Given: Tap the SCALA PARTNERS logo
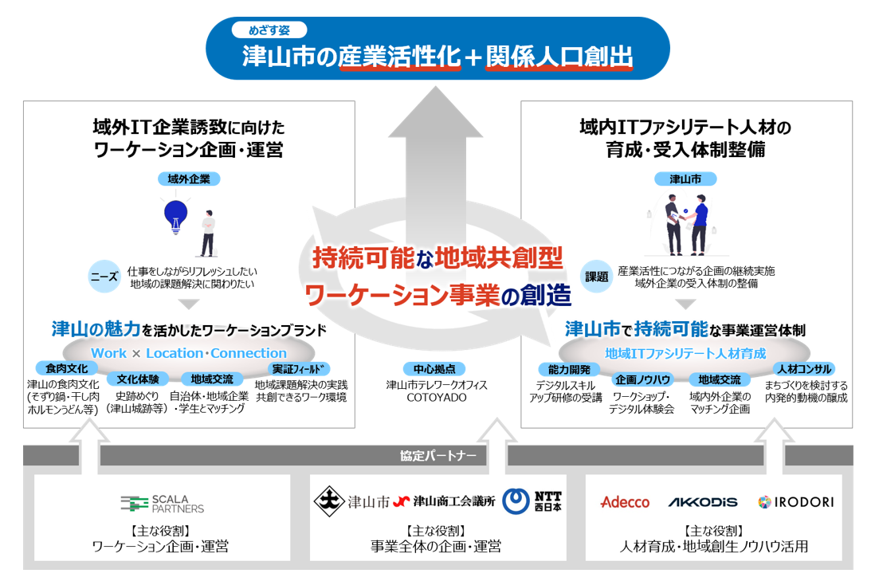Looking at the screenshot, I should coord(163,504).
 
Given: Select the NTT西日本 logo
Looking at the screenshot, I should coord(538,501).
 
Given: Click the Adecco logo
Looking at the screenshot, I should coord(625,502).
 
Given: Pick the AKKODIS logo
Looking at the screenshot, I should coord(702,502).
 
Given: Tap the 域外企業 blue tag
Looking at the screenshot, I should coord(189,179).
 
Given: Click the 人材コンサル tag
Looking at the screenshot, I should coord(804,369).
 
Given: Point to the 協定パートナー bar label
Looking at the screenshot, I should coord(437,456).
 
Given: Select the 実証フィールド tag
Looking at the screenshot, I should coord(300,369).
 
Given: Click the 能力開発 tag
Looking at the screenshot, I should coord(569,369).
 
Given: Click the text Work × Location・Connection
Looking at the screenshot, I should coord(188,353).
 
